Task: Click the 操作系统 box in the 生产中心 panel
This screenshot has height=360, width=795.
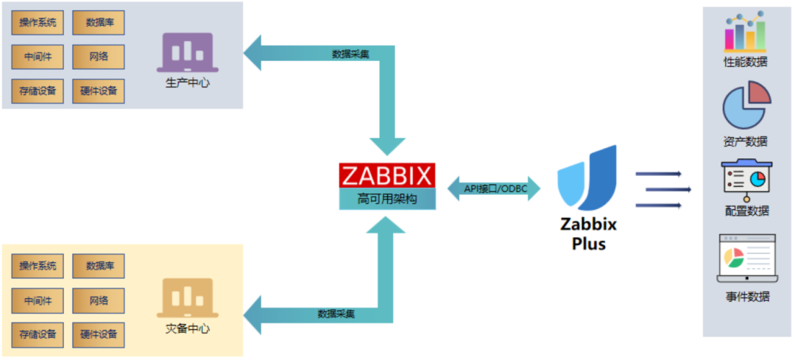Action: pyautogui.click(x=38, y=23)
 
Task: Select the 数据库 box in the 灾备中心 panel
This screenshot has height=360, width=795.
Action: pyautogui.click(x=99, y=266)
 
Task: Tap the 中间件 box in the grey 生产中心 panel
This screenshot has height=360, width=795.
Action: pyautogui.click(x=38, y=57)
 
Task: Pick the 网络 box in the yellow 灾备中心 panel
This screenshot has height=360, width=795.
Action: pyautogui.click(x=99, y=300)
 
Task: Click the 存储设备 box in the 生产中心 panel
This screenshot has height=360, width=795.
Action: pyautogui.click(x=38, y=91)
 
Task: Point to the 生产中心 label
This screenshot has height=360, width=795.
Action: pyautogui.click(x=188, y=83)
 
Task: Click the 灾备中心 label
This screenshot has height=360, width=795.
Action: pyautogui.click(x=188, y=328)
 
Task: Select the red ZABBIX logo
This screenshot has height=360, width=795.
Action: pyautogui.click(x=387, y=175)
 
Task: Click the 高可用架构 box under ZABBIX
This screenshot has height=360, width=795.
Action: pyautogui.click(x=387, y=199)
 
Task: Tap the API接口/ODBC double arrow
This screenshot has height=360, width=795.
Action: pyautogui.click(x=494, y=188)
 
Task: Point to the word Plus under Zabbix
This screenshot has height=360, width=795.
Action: pyautogui.click(x=589, y=244)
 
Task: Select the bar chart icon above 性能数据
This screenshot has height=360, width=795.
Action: pyautogui.click(x=746, y=31)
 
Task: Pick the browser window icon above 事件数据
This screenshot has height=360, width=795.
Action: pyautogui.click(x=746, y=258)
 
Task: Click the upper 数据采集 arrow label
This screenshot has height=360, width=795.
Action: pyautogui.click(x=350, y=54)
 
